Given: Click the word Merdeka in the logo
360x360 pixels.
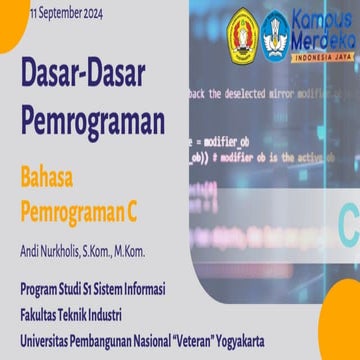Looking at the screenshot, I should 319,40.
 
